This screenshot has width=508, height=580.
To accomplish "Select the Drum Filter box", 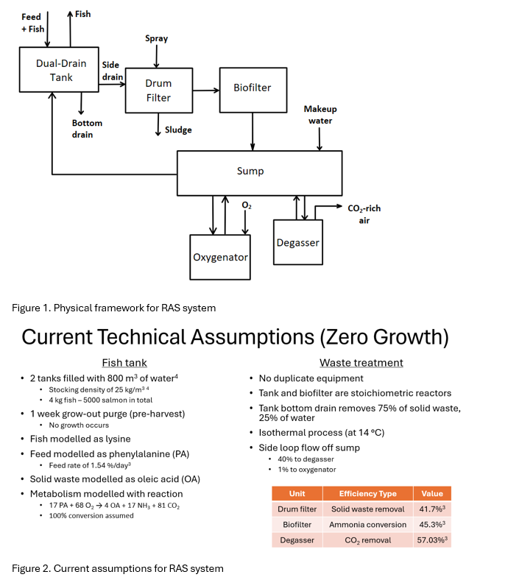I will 158,91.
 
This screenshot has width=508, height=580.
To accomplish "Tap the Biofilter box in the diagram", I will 253,88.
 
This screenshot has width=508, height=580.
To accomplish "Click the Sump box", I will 259,171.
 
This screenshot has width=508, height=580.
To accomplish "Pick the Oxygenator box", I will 220,257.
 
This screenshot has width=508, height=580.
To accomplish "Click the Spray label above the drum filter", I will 156,38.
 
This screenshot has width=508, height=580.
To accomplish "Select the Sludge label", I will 178,130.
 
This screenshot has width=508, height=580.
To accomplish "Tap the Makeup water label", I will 318,115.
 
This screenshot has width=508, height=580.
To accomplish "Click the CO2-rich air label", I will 364,214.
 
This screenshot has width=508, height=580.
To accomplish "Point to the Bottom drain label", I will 87,129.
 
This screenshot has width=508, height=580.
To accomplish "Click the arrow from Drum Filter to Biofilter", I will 205,91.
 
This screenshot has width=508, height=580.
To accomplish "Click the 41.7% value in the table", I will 432,509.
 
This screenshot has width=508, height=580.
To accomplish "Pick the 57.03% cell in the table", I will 432,540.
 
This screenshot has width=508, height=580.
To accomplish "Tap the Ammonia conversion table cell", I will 367,524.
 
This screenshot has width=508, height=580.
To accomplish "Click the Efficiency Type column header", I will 367,493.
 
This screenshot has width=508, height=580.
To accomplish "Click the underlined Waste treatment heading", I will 361,362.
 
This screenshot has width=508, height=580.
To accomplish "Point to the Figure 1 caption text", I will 113,307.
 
